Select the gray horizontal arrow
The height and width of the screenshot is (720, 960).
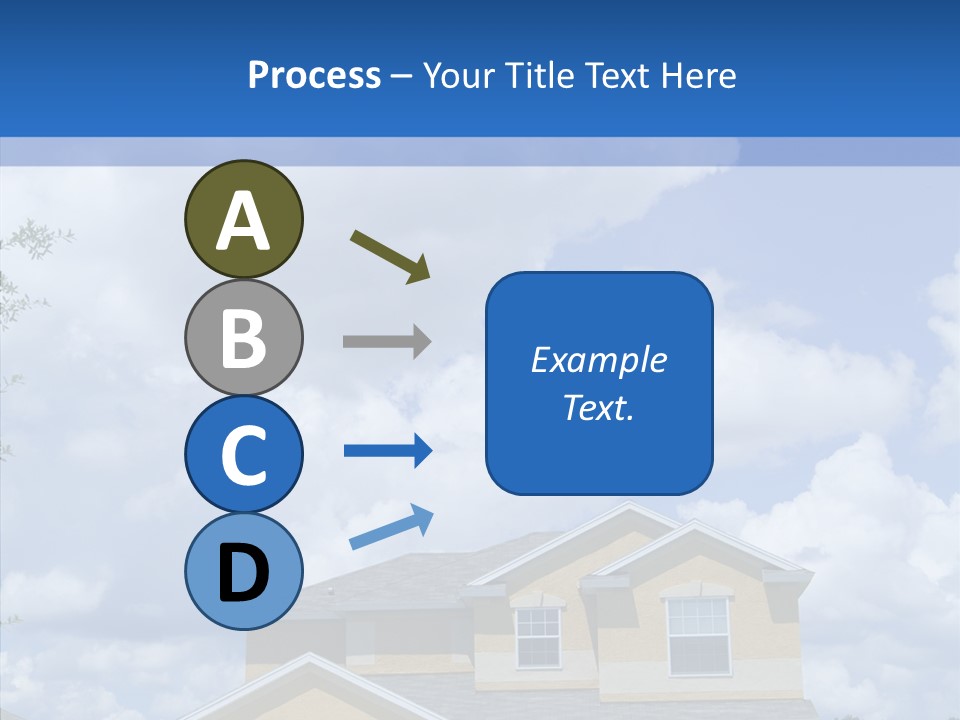tap(387, 341)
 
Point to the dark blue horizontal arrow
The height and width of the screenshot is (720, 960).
tap(388, 451)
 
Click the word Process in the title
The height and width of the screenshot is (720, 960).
tap(314, 76)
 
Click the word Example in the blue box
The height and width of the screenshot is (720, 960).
tap(598, 360)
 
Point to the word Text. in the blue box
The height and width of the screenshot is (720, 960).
tap(598, 407)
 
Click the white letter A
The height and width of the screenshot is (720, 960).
tap(243, 221)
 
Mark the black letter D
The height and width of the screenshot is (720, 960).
tap(243, 573)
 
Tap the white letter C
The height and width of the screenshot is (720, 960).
tap(243, 456)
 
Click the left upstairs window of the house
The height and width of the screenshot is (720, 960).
tap(538, 637)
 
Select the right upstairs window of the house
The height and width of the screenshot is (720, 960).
tap(698, 635)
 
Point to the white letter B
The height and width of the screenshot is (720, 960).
tap(243, 338)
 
